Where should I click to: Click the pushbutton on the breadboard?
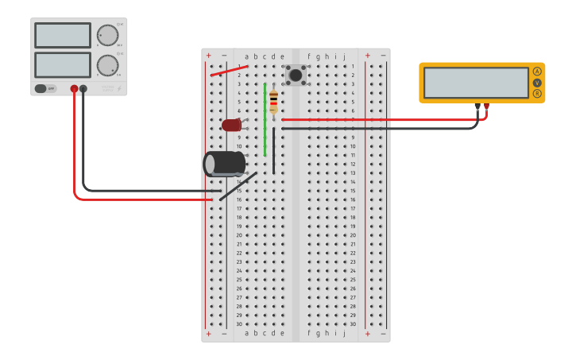click(296, 75)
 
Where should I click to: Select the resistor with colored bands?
click(273, 102)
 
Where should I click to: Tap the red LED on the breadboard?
click(231, 125)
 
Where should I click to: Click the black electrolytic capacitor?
click(225, 164)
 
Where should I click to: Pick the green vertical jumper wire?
click(265, 119)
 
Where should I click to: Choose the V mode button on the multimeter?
click(537, 83)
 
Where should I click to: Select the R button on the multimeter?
click(537, 94)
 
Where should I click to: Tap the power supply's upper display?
click(63, 36)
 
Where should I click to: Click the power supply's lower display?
click(63, 64)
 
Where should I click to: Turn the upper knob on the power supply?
click(107, 36)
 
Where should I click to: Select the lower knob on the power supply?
click(107, 65)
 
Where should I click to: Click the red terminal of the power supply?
click(74, 89)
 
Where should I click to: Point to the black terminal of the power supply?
click(83, 89)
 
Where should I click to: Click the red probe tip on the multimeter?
click(486, 106)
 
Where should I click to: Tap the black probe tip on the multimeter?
click(477, 106)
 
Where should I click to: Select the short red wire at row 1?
click(229, 71)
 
